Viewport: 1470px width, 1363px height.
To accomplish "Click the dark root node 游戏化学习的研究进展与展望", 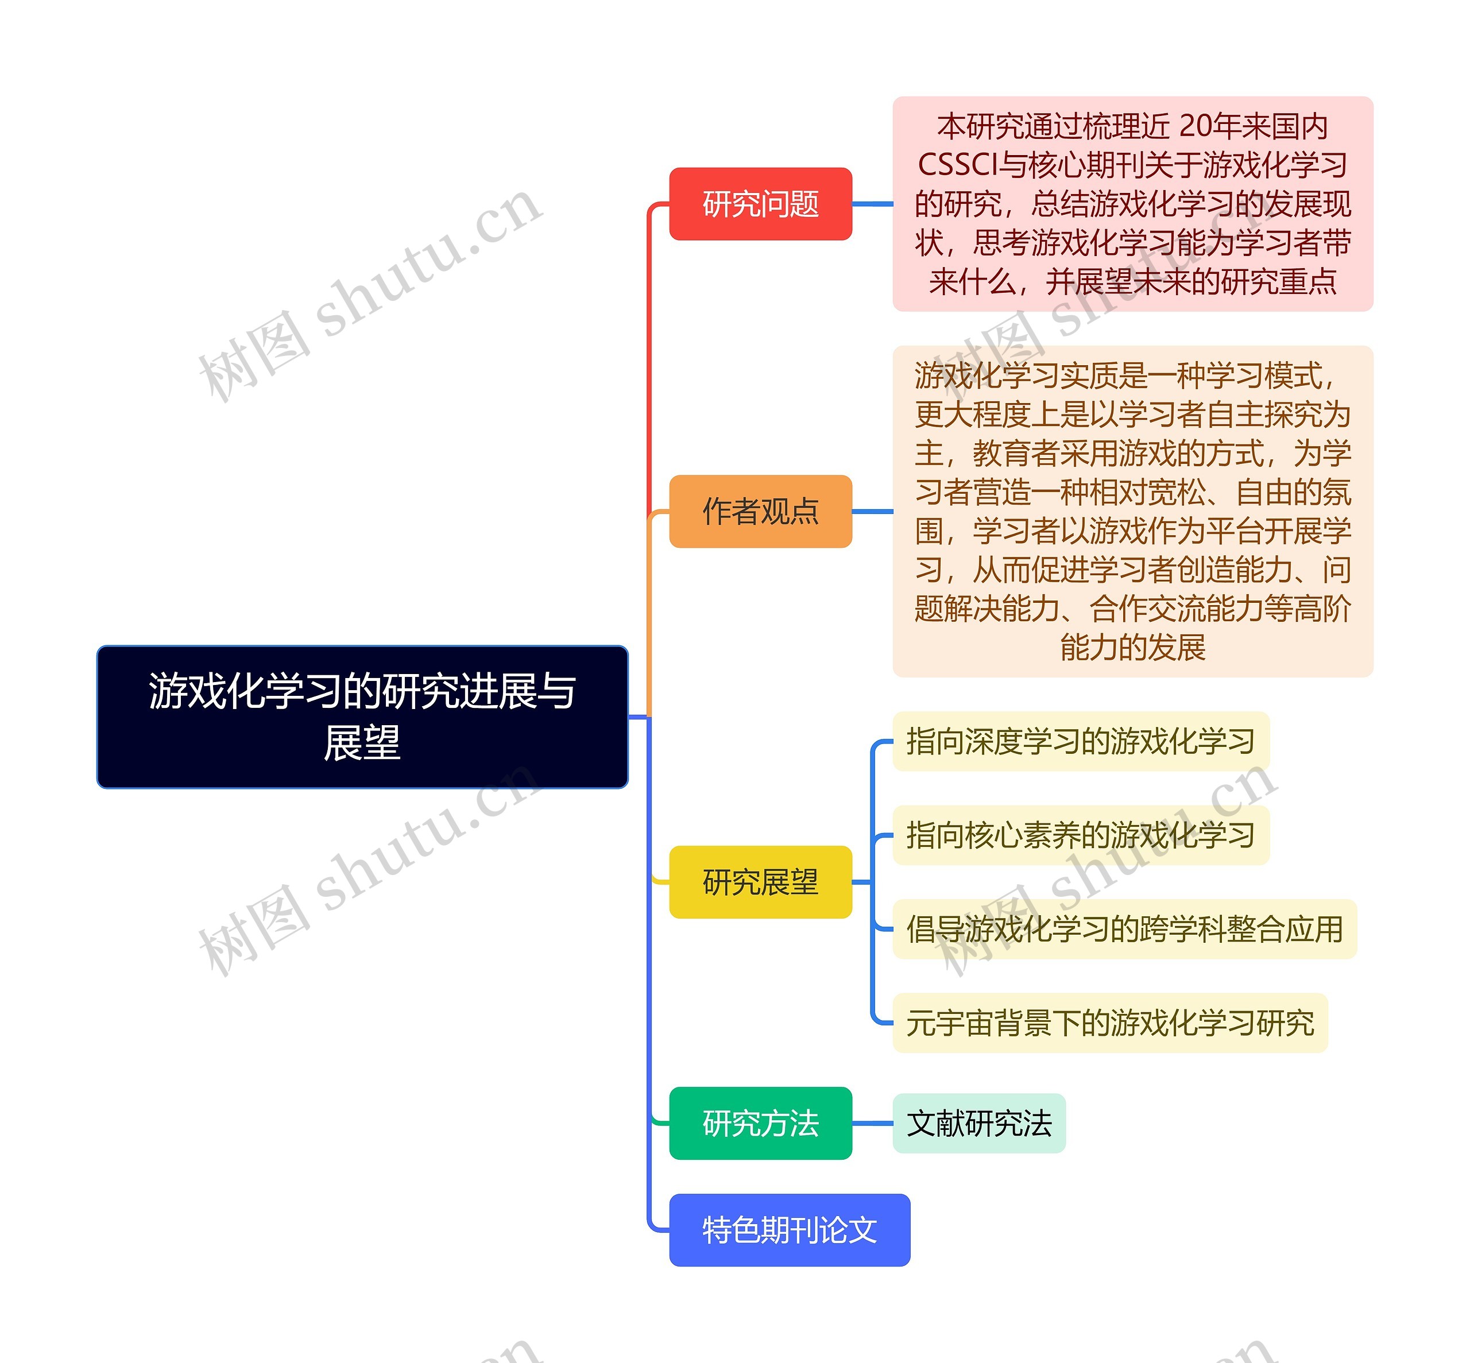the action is click(362, 716).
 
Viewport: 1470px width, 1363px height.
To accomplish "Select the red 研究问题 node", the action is click(760, 204).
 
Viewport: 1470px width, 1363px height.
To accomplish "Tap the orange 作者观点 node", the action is click(760, 511).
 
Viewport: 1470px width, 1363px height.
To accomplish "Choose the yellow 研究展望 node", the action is click(760, 881).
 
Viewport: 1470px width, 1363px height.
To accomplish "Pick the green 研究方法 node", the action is click(760, 1123).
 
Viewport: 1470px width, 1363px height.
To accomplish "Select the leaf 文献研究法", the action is click(979, 1123).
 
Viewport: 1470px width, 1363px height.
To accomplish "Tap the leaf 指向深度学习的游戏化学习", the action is click(1081, 741).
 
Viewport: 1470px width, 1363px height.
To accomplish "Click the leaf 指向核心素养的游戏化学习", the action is click(1081, 835).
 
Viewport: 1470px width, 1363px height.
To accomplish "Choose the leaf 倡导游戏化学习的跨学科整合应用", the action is click(1124, 928).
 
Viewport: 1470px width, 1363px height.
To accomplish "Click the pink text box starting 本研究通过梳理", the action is click(1132, 204).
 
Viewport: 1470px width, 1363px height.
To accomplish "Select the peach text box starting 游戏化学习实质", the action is click(1132, 511).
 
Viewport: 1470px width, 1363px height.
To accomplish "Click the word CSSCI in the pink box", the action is click(957, 165).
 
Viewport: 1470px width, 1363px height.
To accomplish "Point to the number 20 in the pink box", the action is click(1196, 126).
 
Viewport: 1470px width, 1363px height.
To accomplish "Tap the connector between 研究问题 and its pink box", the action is click(873, 204).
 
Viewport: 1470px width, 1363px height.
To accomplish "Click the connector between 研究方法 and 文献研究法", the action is click(873, 1123).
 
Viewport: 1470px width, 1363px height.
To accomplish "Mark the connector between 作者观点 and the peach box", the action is click(873, 511).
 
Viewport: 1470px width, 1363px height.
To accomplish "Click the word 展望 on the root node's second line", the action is click(362, 743).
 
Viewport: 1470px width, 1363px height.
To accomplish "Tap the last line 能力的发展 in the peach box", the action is click(1132, 647).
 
